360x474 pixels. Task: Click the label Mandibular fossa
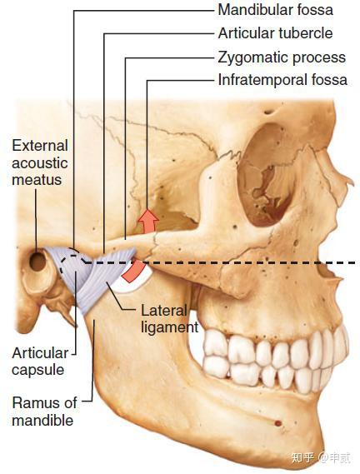pos(275,10)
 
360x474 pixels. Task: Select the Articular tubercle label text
pos(275,33)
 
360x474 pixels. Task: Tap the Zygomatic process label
pos(282,57)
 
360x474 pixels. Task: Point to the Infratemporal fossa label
pos(282,80)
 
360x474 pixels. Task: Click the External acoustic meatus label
pos(40,163)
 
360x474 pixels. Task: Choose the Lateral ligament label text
pos(170,319)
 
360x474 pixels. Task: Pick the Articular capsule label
pos(40,362)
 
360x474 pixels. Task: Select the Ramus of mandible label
pos(44,412)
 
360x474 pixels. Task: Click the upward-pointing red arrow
pos(148,220)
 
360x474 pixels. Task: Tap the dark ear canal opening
pos(37,262)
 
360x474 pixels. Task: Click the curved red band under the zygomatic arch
pos(133,272)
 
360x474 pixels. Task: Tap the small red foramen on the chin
pos(277,423)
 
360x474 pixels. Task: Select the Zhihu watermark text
pos(321,457)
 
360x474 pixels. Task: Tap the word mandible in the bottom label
pos(42,421)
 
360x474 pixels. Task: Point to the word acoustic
pos(40,163)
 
